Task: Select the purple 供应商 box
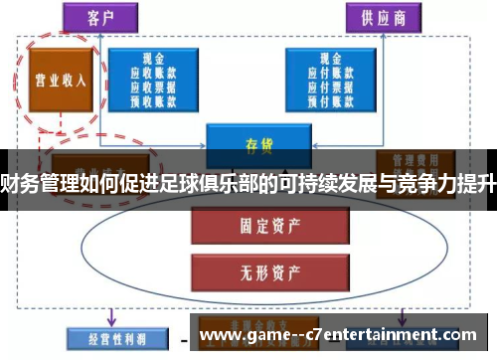tap(381, 19)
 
